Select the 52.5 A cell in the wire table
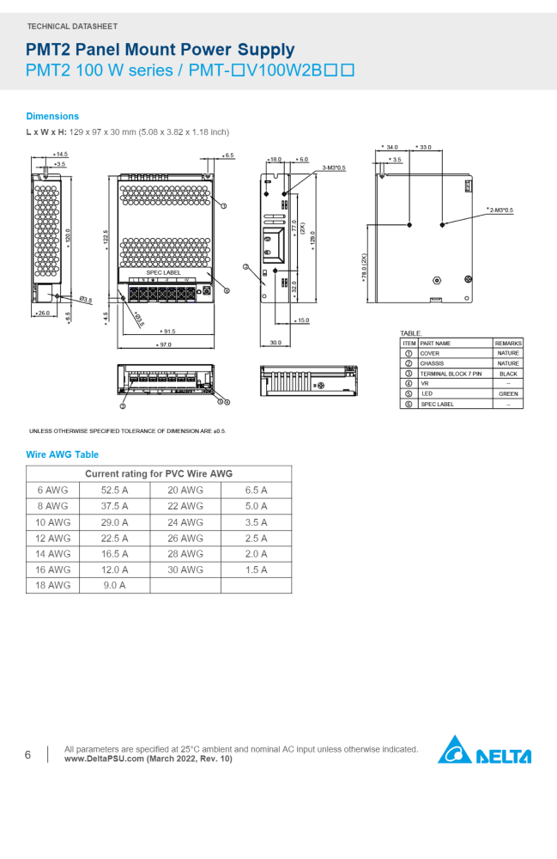pyautogui.click(x=114, y=490)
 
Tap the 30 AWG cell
pyautogui.click(x=185, y=570)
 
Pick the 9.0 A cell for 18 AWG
pyautogui.click(x=114, y=585)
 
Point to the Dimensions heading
pyautogui.click(x=52, y=116)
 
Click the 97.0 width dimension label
pyautogui.click(x=163, y=344)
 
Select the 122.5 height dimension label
pyautogui.click(x=106, y=237)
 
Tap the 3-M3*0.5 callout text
pyautogui.click(x=334, y=168)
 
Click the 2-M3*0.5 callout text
pyautogui.click(x=500, y=210)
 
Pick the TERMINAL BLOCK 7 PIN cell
pyautogui.click(x=451, y=374)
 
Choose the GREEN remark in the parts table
pyautogui.click(x=508, y=393)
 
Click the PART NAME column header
pyautogui.click(x=435, y=343)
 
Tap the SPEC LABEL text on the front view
pyautogui.click(x=163, y=272)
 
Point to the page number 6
pyautogui.click(x=27, y=755)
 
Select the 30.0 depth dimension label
pyautogui.click(x=275, y=343)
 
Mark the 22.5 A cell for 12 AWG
pyautogui.click(x=114, y=538)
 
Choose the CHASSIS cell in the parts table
pyautogui.click(x=432, y=363)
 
